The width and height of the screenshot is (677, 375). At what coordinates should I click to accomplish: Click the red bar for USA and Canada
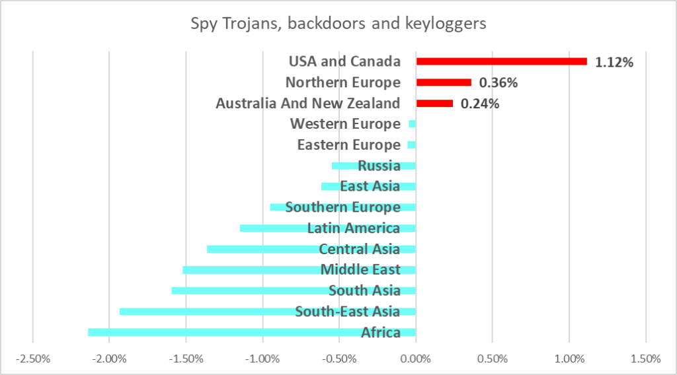pos(501,61)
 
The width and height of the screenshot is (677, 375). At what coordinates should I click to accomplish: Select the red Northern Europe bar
pos(444,83)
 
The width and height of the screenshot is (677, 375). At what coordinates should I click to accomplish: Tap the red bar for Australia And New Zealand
pos(434,104)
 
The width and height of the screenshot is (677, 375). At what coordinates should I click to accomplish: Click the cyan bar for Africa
pos(225,332)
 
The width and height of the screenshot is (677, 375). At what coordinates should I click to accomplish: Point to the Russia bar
pos(344,166)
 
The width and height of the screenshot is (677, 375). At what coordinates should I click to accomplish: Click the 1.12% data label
pos(614,62)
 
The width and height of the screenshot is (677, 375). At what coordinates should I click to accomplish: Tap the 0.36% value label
pos(498,83)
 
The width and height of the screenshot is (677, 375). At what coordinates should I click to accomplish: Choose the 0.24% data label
pos(479,104)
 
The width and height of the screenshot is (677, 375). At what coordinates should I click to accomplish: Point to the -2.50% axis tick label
pos(33,359)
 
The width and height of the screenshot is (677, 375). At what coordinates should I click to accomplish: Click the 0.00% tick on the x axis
pos(416,359)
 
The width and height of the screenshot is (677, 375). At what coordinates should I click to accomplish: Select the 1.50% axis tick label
pos(645,359)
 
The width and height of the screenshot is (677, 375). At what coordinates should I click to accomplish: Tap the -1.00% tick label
pos(262,359)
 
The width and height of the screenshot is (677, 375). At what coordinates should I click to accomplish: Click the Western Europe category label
pos(345,124)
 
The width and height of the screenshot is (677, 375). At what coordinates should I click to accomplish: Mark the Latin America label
pos(354,228)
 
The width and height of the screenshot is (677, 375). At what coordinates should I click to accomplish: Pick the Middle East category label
pos(360,270)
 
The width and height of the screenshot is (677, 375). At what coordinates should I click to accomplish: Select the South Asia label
pos(364,290)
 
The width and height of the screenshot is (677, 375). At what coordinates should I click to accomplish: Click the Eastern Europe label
pos(348,145)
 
